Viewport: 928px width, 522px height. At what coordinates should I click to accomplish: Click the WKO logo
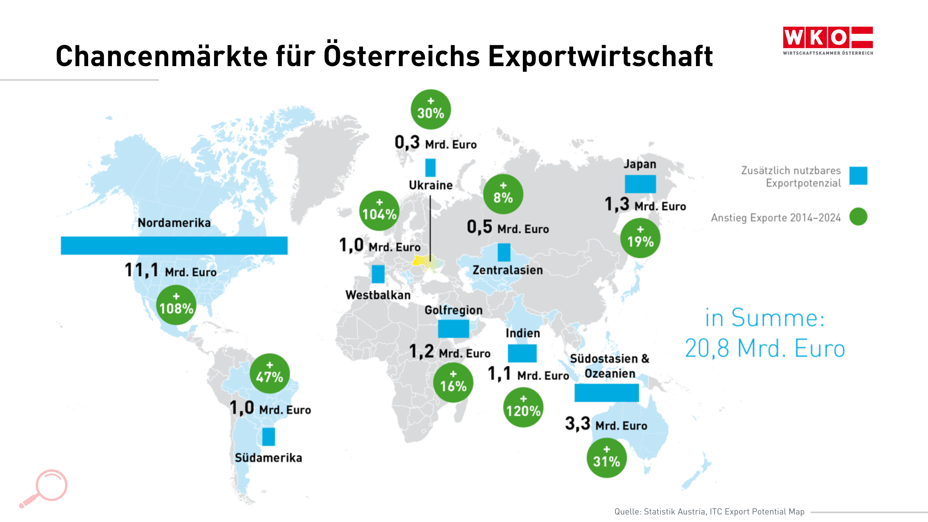(827, 40)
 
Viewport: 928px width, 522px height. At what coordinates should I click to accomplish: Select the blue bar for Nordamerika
(174, 245)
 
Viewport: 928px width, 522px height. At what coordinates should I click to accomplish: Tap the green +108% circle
(176, 305)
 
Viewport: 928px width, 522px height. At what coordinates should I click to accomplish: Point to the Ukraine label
(430, 185)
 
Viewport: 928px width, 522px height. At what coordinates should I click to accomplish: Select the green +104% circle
(379, 211)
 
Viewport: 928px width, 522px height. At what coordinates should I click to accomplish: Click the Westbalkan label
(378, 295)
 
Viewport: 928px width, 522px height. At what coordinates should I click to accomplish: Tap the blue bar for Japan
(640, 184)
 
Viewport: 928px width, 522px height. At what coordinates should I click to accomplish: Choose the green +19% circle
(640, 238)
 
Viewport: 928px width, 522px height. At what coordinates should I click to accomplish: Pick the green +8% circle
(503, 194)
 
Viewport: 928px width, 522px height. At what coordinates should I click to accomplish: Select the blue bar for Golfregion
(453, 329)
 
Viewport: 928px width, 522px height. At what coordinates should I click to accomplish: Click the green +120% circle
(523, 407)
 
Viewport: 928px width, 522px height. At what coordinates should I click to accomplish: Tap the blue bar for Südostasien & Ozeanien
(606, 393)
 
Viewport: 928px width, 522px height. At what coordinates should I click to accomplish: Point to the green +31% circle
(607, 458)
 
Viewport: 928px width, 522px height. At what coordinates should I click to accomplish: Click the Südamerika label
(268, 458)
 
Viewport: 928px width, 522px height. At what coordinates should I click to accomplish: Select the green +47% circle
(269, 374)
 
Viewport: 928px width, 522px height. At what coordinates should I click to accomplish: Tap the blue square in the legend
(858, 176)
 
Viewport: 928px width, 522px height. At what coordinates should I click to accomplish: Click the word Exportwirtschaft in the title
(600, 57)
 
